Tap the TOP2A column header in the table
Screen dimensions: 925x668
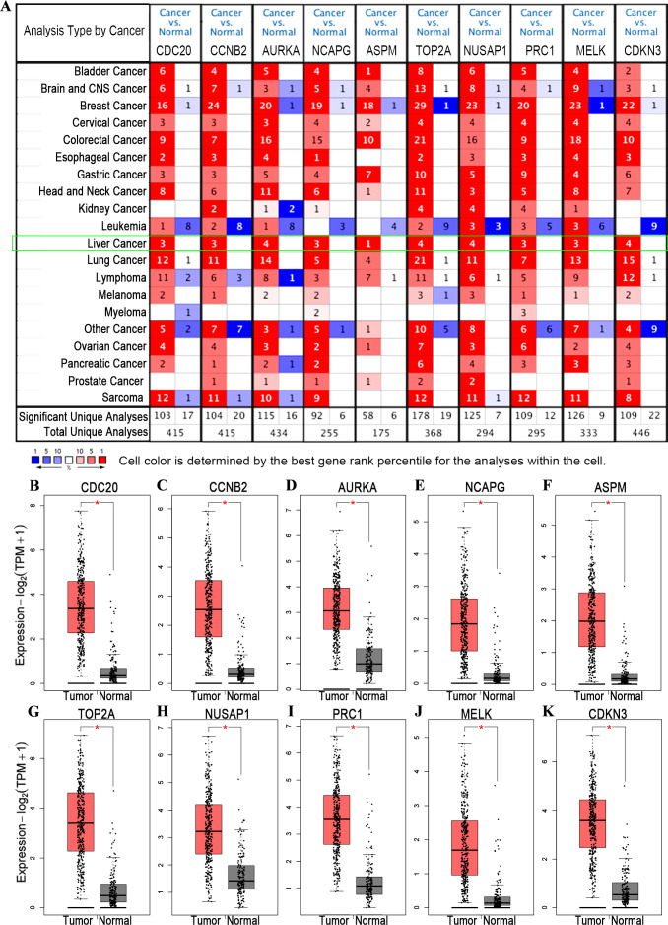click(434, 48)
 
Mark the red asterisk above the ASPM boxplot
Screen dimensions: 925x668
click(612, 503)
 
